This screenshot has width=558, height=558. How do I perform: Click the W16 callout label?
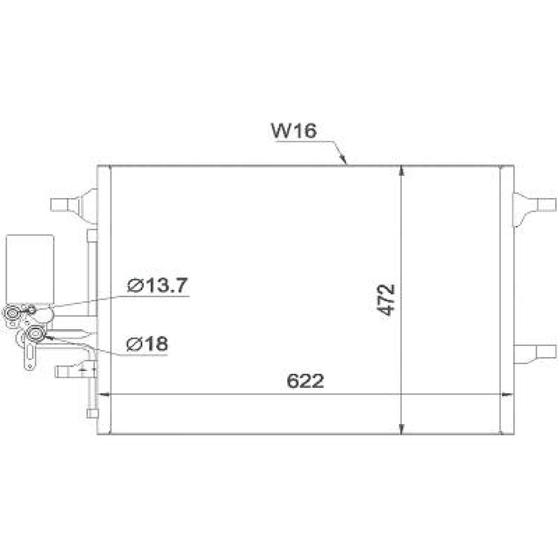tap(294, 132)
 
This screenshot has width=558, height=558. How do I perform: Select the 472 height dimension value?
tap(387, 300)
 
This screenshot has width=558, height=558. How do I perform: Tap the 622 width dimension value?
tap(305, 381)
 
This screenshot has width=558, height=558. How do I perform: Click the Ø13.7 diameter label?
tap(158, 285)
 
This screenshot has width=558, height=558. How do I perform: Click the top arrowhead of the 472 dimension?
tap(402, 171)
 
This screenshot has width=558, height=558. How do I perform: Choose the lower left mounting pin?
tap(65, 370)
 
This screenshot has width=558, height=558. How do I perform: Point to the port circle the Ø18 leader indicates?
tap(37, 334)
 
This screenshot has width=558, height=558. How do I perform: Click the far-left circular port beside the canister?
tap(11, 315)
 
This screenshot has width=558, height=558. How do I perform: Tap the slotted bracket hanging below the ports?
tap(29, 354)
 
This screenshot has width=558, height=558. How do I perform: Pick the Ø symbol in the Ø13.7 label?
tap(134, 286)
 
